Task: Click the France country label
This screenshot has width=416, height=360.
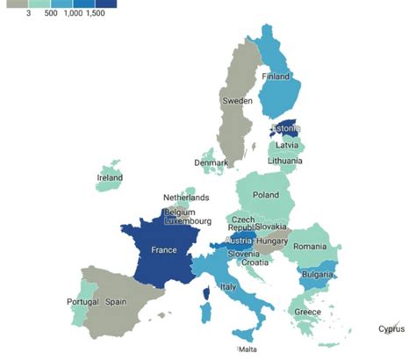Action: [x=164, y=249]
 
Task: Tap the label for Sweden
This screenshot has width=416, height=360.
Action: [x=237, y=101]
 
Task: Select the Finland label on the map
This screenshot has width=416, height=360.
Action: [x=276, y=76]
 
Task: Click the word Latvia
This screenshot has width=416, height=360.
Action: [x=287, y=145]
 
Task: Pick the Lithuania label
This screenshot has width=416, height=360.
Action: [x=286, y=161]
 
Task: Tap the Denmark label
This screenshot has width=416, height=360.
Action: [x=212, y=162]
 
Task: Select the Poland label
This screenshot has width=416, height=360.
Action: [x=266, y=195]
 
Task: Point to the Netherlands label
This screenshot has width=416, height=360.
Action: [x=186, y=198]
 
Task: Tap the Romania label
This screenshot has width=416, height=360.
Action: [x=311, y=248]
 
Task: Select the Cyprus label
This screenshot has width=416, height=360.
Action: [x=391, y=329]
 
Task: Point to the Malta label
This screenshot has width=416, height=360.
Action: [x=247, y=349]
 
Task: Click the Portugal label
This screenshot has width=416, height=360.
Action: [x=82, y=302]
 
